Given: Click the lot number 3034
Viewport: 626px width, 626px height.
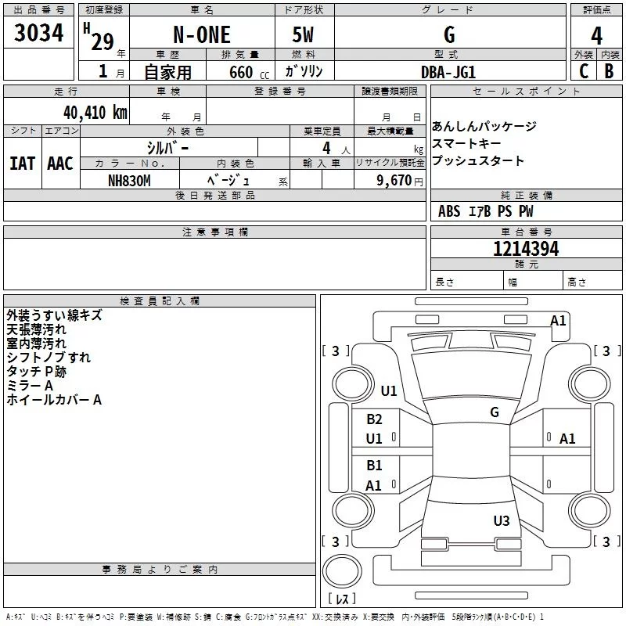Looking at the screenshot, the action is click(38, 33).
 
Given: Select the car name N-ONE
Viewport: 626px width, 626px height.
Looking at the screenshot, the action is click(202, 34).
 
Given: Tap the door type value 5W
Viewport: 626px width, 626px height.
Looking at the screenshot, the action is click(303, 34).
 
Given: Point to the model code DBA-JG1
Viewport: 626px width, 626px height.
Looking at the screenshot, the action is click(448, 72).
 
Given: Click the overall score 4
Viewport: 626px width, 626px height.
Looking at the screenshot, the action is click(596, 36).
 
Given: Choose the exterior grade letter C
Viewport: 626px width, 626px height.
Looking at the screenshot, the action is click(584, 71).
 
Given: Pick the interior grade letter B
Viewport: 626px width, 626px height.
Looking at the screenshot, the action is click(609, 71).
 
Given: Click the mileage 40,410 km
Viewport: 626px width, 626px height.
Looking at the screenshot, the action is click(95, 113).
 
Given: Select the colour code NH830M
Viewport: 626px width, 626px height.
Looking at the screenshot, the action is click(129, 181).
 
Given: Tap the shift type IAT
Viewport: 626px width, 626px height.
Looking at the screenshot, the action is click(22, 164).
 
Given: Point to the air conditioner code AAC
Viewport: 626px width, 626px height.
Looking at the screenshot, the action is click(60, 164).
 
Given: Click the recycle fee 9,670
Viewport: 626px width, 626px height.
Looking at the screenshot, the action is click(394, 181).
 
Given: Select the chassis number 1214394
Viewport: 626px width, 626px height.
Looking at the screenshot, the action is click(526, 249).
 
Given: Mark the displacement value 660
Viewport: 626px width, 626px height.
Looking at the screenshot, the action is click(241, 72).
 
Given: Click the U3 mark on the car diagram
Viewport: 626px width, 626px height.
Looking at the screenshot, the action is click(502, 520).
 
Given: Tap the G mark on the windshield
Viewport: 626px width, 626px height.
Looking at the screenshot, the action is click(495, 412).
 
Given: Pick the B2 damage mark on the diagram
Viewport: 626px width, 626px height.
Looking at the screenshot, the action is click(374, 419).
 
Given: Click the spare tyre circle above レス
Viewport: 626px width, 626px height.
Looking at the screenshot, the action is click(342, 570).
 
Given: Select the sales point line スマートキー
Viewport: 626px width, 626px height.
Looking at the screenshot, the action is click(466, 143).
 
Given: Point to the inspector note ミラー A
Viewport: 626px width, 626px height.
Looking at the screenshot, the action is click(30, 386).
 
